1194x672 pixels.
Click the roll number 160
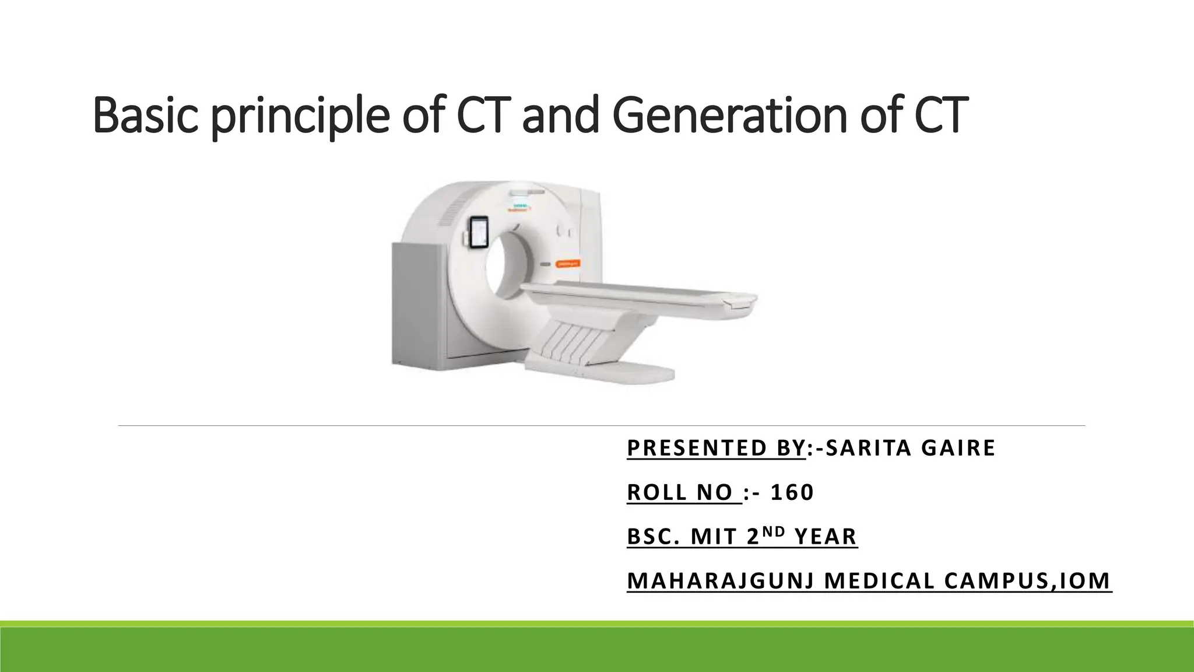pos(792,492)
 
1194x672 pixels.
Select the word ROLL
pos(656,492)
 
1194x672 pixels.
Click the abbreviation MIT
pos(714,537)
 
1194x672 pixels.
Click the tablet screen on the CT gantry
pos(479,232)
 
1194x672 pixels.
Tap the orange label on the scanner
pos(567,264)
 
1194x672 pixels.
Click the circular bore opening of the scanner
pos(506,262)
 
